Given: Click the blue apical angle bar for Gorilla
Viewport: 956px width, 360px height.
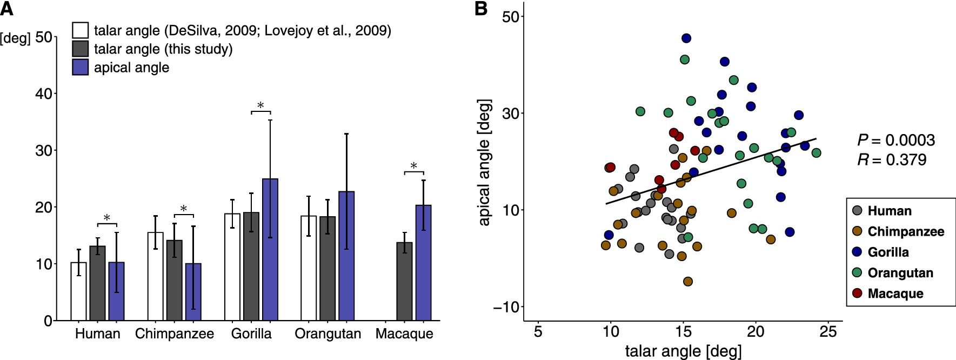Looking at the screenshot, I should coord(270,250).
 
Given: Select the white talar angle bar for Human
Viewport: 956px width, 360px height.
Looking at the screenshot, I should coord(78,292).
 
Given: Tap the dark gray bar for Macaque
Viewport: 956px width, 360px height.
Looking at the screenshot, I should coord(404,282).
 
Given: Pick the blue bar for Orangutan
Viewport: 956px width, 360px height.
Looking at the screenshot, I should coord(346,256).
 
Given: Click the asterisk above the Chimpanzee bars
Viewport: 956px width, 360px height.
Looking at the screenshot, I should coord(184,209).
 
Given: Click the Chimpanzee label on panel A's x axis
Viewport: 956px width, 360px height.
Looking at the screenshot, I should coord(174,334).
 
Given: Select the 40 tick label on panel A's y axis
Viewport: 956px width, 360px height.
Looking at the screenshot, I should coord(44,94).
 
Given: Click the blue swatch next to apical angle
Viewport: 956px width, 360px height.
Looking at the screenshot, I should coord(81,68).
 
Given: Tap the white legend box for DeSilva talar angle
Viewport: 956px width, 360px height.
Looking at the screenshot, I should coord(81,30).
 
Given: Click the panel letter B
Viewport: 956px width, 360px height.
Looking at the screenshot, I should coord(480,9).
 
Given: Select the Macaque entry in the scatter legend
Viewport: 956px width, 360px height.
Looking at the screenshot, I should coord(895,294).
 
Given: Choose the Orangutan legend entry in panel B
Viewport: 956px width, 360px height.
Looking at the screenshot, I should coord(900,273).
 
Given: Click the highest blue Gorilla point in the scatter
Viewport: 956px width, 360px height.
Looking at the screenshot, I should coord(686,38).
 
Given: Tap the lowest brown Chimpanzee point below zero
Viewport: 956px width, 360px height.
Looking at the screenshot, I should coord(688,282).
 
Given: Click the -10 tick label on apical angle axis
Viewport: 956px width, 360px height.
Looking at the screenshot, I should coord(506,307).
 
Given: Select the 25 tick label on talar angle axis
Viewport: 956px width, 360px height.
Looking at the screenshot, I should coord(828,332).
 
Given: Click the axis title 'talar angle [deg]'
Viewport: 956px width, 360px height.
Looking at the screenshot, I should coord(683,351).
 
